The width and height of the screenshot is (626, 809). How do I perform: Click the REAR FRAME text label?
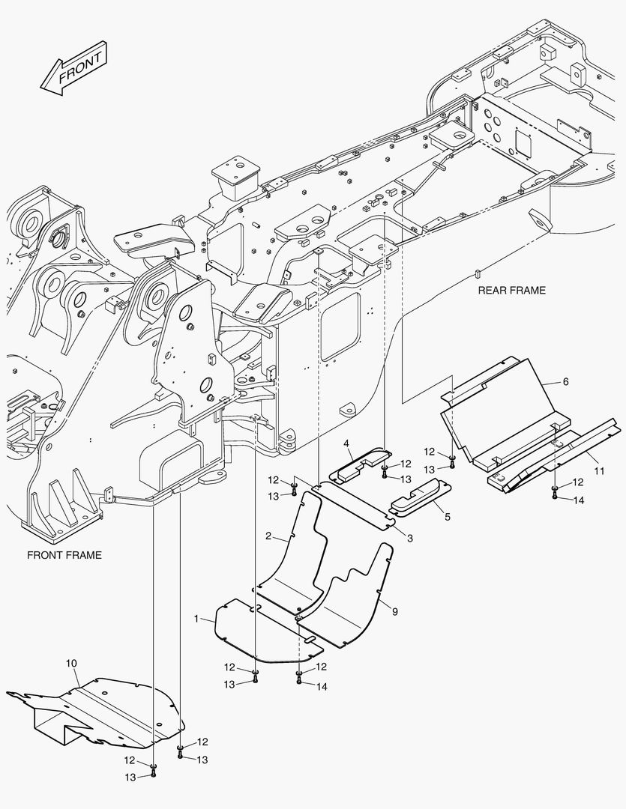tap(512, 290)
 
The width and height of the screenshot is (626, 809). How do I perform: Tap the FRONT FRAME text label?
tap(64, 555)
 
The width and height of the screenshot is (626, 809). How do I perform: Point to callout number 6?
tap(565, 381)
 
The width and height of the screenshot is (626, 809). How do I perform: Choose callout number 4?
tap(346, 443)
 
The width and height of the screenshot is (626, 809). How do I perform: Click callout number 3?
tap(409, 537)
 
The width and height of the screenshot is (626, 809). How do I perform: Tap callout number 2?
tap(268, 536)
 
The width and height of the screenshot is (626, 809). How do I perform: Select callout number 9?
tap(394, 611)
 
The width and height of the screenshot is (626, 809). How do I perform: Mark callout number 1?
tap(196, 619)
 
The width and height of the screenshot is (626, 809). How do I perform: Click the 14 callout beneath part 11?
tap(580, 499)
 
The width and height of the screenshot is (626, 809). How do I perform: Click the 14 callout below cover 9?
tap(322, 686)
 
